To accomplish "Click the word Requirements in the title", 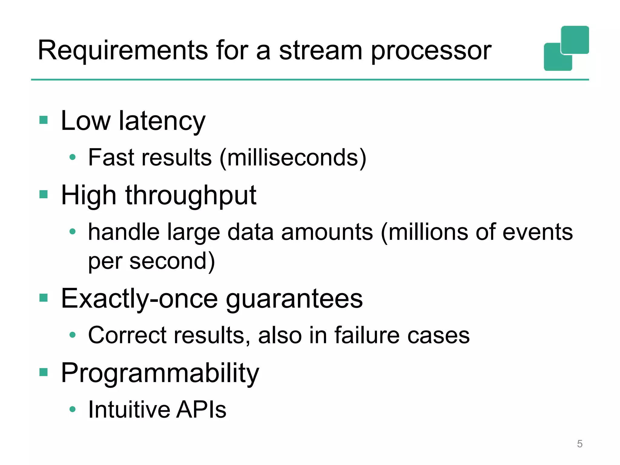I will (123, 51).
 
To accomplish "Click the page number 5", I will (579, 444).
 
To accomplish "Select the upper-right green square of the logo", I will (575, 40).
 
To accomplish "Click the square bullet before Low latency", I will (44, 120).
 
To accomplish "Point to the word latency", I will (162, 121).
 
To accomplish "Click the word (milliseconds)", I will (293, 158).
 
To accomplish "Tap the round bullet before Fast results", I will (72, 157).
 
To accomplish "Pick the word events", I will (538, 232).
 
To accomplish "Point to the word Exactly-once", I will (139, 299).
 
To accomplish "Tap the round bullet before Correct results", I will (72, 335).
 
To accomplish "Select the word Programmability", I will (160, 373).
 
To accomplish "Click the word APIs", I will (201, 410).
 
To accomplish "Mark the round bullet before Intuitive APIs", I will (72, 409).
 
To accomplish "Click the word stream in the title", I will (320, 51).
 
